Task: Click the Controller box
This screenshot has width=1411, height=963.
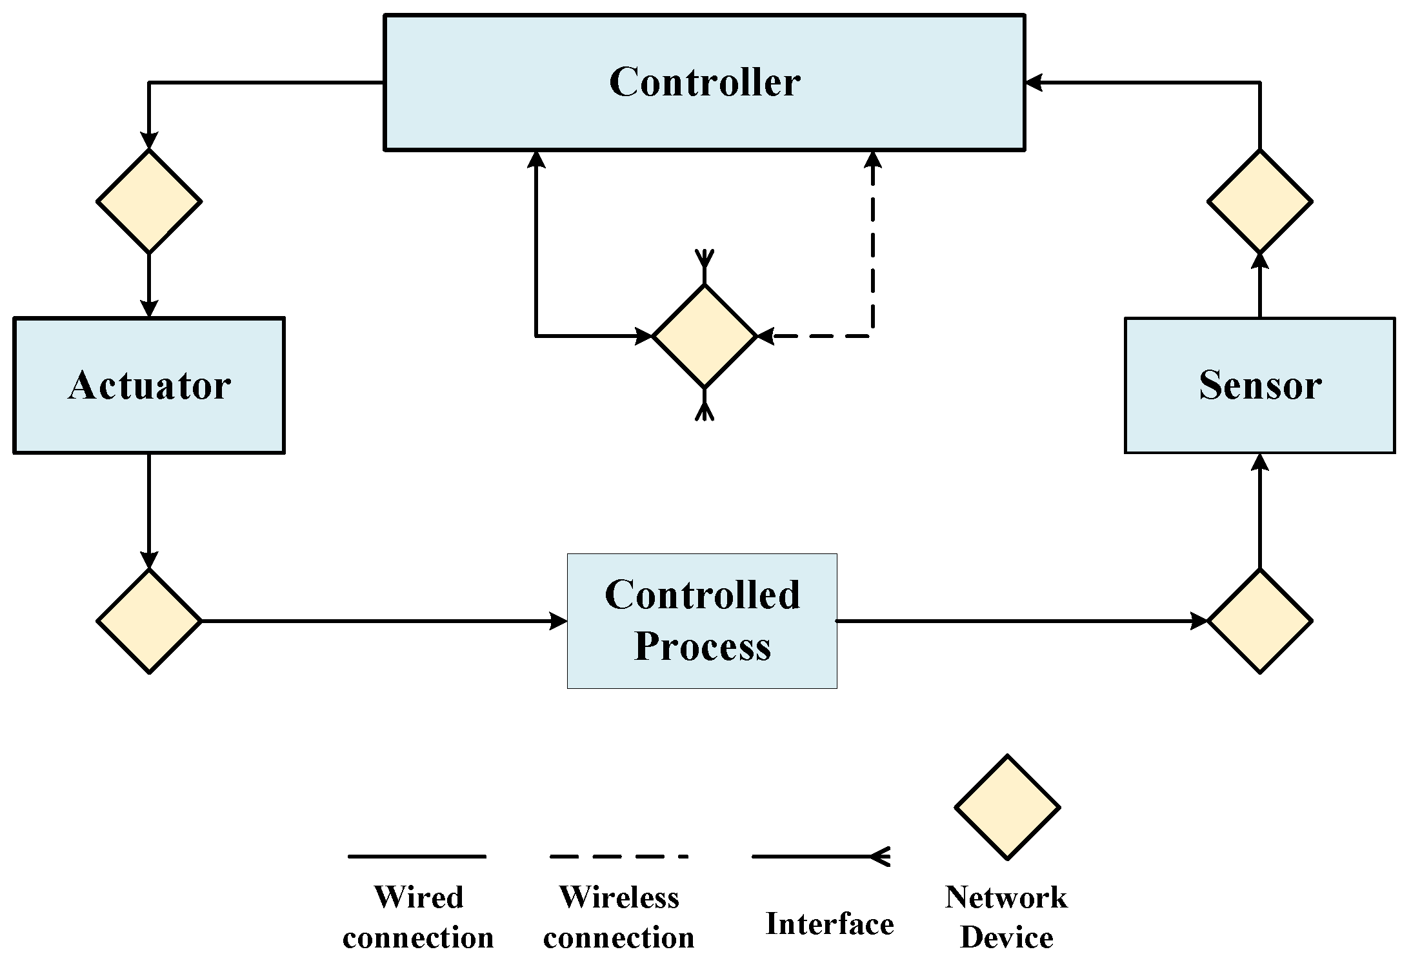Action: [x=704, y=83]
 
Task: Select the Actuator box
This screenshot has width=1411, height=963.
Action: [x=149, y=385]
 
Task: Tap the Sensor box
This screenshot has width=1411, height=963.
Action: [x=1259, y=385]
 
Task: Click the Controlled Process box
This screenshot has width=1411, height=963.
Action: [x=702, y=621]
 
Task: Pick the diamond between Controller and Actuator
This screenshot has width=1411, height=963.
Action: [x=149, y=201]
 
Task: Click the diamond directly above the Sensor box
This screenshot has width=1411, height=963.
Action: [x=1259, y=201]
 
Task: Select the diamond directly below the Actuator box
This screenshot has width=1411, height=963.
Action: [x=149, y=621]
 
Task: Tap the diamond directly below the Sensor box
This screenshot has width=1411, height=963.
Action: [x=1259, y=621]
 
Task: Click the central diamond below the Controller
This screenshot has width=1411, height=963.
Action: [x=704, y=336]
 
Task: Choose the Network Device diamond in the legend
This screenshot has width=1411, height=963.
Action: [x=1006, y=807]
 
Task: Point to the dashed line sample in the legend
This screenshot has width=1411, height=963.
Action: [x=618, y=857]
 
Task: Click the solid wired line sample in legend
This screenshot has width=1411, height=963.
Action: [x=417, y=857]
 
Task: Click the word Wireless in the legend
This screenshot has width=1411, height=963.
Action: [x=619, y=897]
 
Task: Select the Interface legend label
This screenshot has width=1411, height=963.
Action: [x=829, y=924]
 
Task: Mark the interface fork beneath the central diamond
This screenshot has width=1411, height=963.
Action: [x=704, y=408]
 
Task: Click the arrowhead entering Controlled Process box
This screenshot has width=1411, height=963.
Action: [x=559, y=621]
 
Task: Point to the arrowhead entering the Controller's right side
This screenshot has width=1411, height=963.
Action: [x=1034, y=83]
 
